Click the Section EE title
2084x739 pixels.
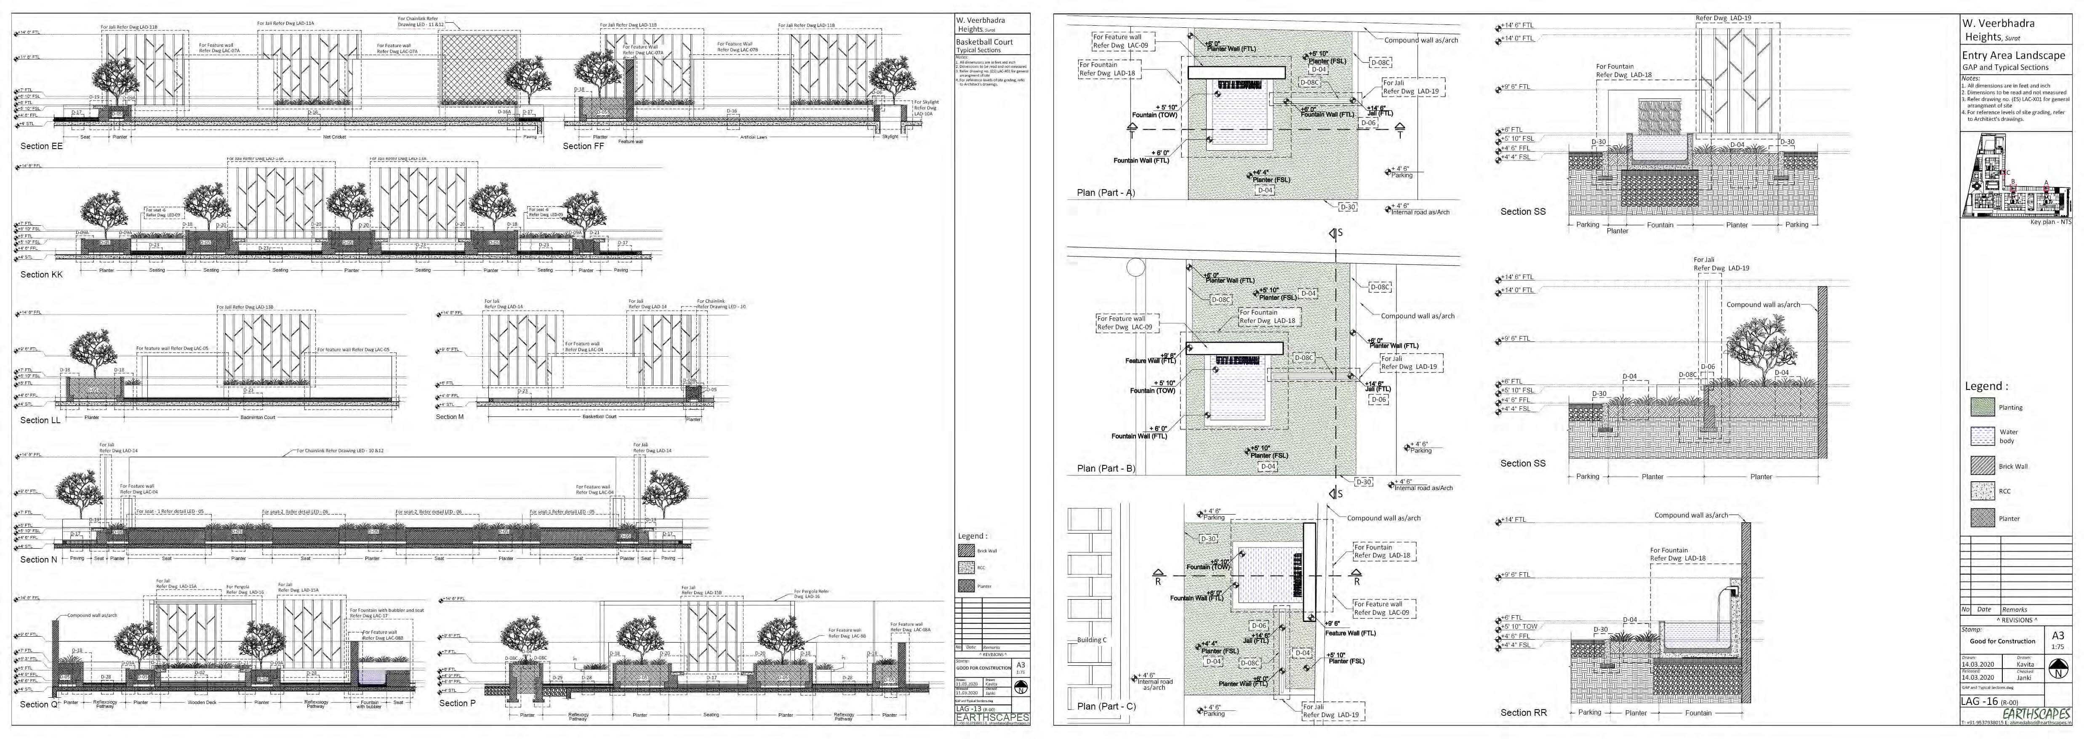41,147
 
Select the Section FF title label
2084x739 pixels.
583,147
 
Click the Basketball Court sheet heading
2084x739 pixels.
984,41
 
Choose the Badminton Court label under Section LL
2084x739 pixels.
258,418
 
